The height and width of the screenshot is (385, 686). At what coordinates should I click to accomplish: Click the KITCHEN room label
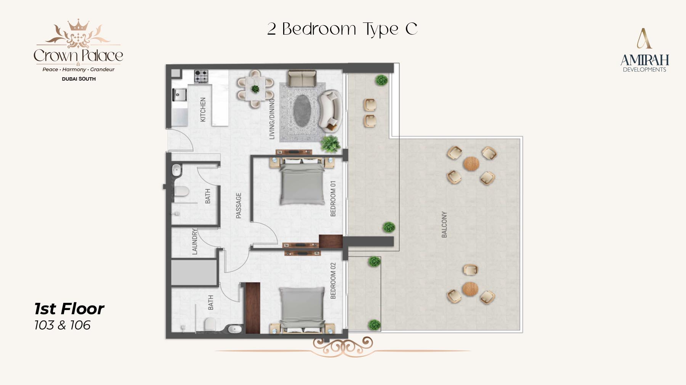coord(203,110)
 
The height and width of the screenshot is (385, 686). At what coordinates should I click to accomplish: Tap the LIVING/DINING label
coord(272,119)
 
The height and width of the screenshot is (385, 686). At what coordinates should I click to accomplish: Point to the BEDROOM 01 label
coord(333,199)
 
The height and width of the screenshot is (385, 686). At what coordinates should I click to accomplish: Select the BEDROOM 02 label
coord(333,281)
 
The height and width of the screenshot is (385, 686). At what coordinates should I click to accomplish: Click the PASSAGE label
coord(239,205)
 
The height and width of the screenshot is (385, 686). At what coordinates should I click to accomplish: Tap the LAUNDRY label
coord(195,242)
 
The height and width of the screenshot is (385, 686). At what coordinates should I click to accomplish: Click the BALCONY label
coord(444,225)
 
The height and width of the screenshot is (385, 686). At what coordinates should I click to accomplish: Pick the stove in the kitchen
coord(201,76)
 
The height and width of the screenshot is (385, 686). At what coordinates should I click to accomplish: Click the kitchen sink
coord(180,94)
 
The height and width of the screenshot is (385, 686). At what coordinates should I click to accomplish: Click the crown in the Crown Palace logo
coord(78,25)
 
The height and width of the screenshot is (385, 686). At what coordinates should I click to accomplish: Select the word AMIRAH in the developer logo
coord(644,60)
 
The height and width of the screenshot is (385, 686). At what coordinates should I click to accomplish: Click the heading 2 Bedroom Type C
coord(342,29)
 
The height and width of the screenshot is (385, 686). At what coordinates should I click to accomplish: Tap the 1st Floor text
coord(69,309)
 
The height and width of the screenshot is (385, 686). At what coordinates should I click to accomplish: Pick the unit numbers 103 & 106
coord(63,325)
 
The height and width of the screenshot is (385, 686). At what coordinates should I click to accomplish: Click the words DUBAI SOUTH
coord(79,79)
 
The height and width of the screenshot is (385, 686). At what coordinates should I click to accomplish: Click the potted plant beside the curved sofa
coord(330,144)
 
